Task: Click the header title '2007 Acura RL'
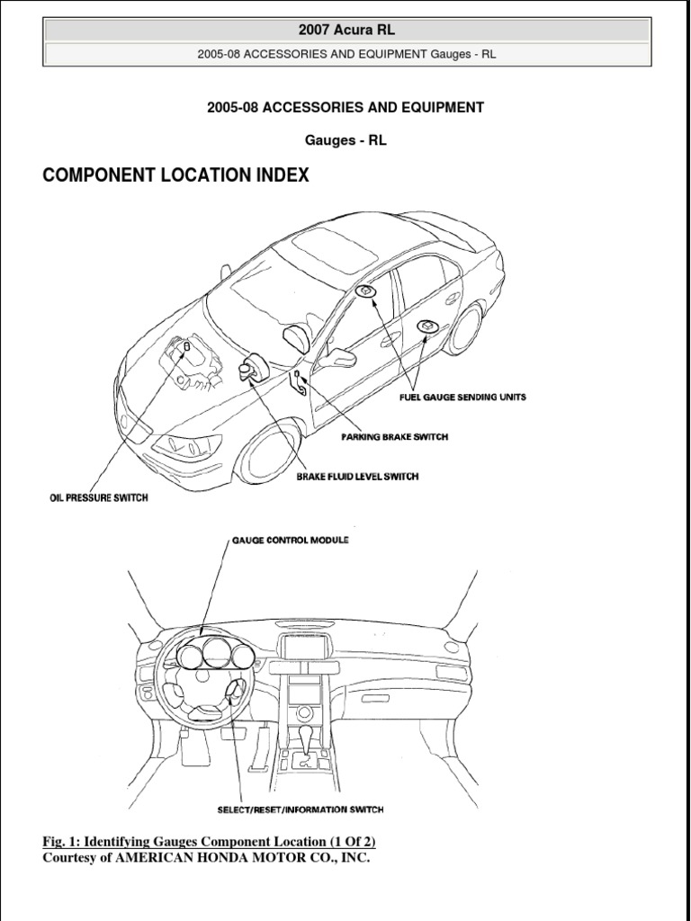pyautogui.click(x=346, y=30)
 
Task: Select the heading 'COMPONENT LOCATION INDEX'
pyautogui.click(x=176, y=176)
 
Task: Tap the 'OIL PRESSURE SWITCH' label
pyautogui.click(x=99, y=497)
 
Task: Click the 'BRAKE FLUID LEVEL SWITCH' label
pyautogui.click(x=357, y=476)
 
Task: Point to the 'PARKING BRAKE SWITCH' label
pyautogui.click(x=394, y=437)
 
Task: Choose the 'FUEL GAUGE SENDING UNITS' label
pyautogui.click(x=463, y=397)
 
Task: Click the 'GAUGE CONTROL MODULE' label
pyautogui.click(x=291, y=541)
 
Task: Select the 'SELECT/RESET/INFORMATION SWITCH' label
pyautogui.click(x=300, y=809)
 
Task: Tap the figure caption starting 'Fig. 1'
pyautogui.click(x=210, y=842)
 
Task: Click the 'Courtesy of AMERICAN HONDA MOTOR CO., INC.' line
pyautogui.click(x=206, y=858)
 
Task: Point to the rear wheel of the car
pyautogui.click(x=465, y=329)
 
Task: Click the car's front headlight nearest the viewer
pyautogui.click(x=185, y=446)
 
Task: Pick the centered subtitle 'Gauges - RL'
pyautogui.click(x=345, y=141)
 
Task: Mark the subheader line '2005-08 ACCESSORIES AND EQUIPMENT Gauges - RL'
pyautogui.click(x=346, y=54)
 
